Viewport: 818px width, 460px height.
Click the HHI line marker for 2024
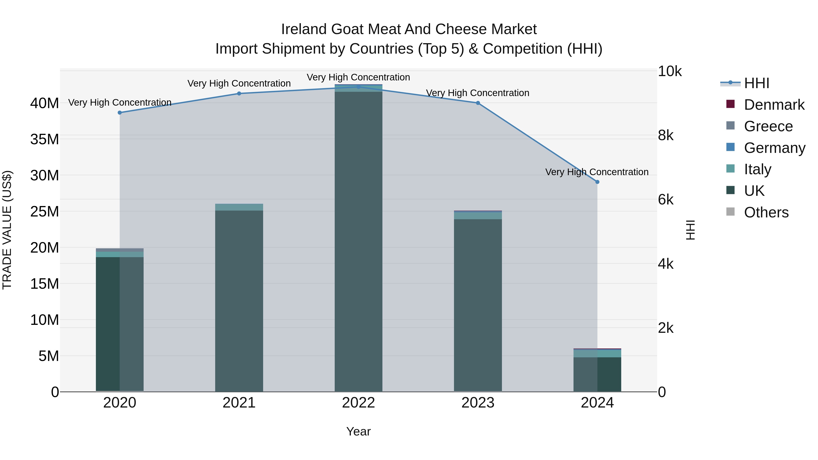pyautogui.click(x=597, y=182)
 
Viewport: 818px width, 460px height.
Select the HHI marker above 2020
pyautogui.click(x=120, y=113)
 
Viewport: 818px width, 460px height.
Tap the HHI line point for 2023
pyautogui.click(x=478, y=103)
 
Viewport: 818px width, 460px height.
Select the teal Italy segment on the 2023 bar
pyautogui.click(x=478, y=216)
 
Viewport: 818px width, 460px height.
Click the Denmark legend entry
pyautogui.click(x=774, y=105)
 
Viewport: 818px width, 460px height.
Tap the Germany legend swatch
pyautogui.click(x=730, y=147)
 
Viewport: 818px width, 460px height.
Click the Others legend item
pyautogui.click(x=766, y=212)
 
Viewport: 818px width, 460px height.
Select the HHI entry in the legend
pyautogui.click(x=756, y=83)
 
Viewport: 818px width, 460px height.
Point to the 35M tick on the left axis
pyautogui.click(x=45, y=139)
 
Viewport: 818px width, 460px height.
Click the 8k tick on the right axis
pyautogui.click(x=666, y=136)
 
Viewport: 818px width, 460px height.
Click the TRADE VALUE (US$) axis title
pyautogui.click(x=7, y=230)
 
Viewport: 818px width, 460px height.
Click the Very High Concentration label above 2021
pyautogui.click(x=239, y=84)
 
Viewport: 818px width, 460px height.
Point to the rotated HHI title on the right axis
pyautogui.click(x=690, y=230)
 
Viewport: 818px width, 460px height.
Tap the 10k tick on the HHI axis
pyautogui.click(x=669, y=71)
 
